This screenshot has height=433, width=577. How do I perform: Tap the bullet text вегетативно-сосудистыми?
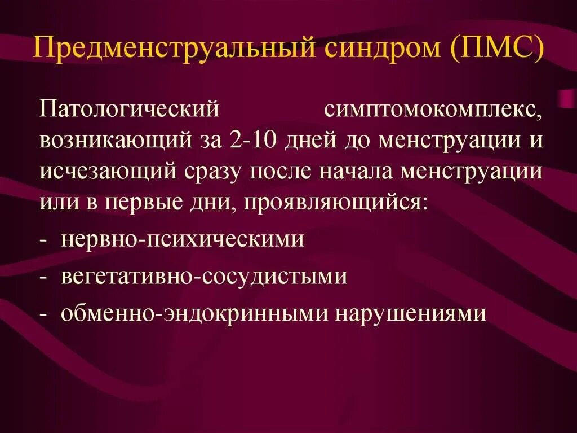pyautogui.click(x=204, y=277)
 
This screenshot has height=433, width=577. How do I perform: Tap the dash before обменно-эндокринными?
pyautogui.click(x=43, y=313)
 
